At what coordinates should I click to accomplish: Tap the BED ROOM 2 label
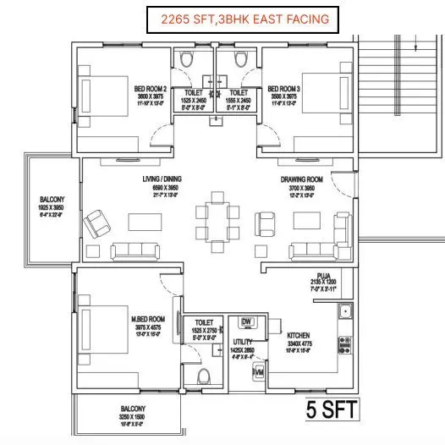(150, 87)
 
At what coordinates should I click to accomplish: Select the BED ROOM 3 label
(283, 87)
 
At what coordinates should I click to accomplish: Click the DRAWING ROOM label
(302, 180)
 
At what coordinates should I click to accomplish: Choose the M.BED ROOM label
(146, 320)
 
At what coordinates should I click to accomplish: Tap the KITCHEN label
(300, 335)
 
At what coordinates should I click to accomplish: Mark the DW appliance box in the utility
(247, 322)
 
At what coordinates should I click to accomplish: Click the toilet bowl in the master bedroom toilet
(201, 376)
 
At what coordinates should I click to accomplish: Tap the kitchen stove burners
(345, 344)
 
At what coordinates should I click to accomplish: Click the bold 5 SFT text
(332, 412)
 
